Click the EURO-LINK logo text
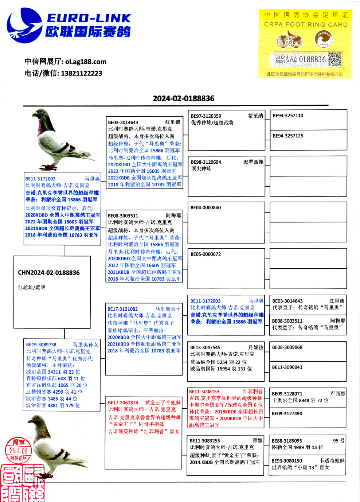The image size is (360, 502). coord(89,18)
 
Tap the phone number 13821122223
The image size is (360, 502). coord(81,73)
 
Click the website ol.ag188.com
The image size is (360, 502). coord(86,62)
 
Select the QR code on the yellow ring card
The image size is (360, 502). coord(334,59)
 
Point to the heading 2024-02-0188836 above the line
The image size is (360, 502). coord(183,98)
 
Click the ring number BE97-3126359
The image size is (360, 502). coord(206,116)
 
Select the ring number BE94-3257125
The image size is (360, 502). coord(288,136)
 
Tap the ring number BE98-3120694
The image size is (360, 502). coord(206,162)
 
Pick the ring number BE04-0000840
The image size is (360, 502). coord(206,208)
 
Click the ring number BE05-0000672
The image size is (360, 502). coord(206,254)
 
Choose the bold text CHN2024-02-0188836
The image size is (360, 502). coord(49,273)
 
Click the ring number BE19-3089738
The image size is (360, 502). coord(41,345)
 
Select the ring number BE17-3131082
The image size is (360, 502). coord(122,309)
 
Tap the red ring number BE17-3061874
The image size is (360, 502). coord(123,403)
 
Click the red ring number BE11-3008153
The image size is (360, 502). coord(204,392)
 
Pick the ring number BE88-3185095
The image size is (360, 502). coord(287,441)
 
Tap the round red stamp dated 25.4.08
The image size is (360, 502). coord(19,450)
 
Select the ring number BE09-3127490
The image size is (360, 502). coord(287,413)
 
